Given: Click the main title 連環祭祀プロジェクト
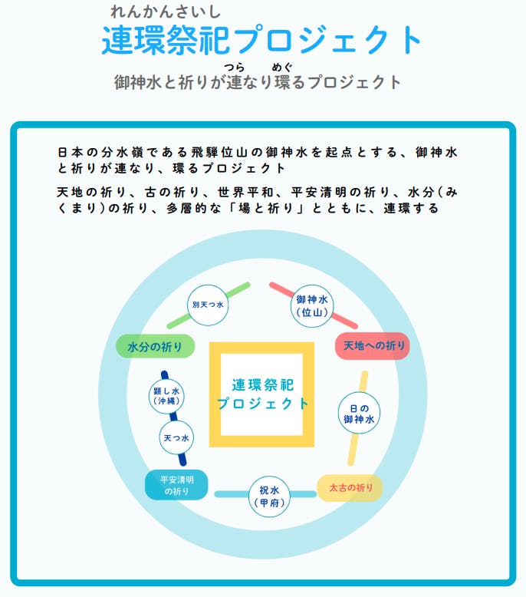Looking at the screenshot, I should coord(262,40).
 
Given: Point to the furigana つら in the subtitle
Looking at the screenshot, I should coord(235,67).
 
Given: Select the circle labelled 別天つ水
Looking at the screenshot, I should coord(208,305).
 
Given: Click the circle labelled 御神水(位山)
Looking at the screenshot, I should coord(312,306).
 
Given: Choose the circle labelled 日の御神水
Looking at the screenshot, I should coord(359,414).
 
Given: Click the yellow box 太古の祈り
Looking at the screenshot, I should coord(350,487).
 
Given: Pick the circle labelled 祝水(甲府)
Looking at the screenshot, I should coord(269,496).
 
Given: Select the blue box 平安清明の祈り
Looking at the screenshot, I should coord(176,485).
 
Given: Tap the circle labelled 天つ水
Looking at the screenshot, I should coord(176,438).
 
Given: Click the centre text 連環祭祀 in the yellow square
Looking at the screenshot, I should coord(262,384).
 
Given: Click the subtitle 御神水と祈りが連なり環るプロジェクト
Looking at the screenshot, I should coord(258,82).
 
